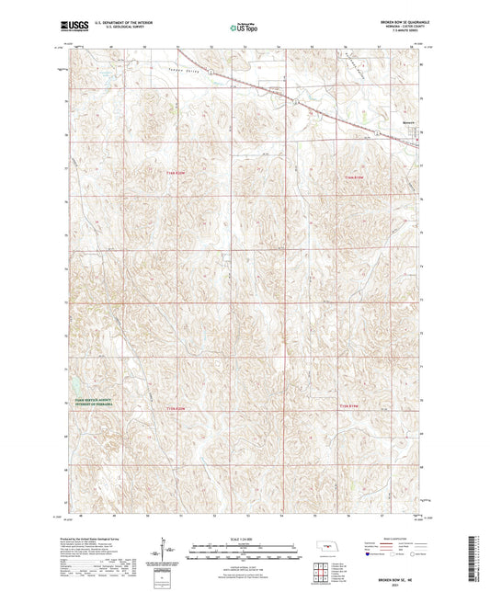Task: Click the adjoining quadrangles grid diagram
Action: coord(322,575)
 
